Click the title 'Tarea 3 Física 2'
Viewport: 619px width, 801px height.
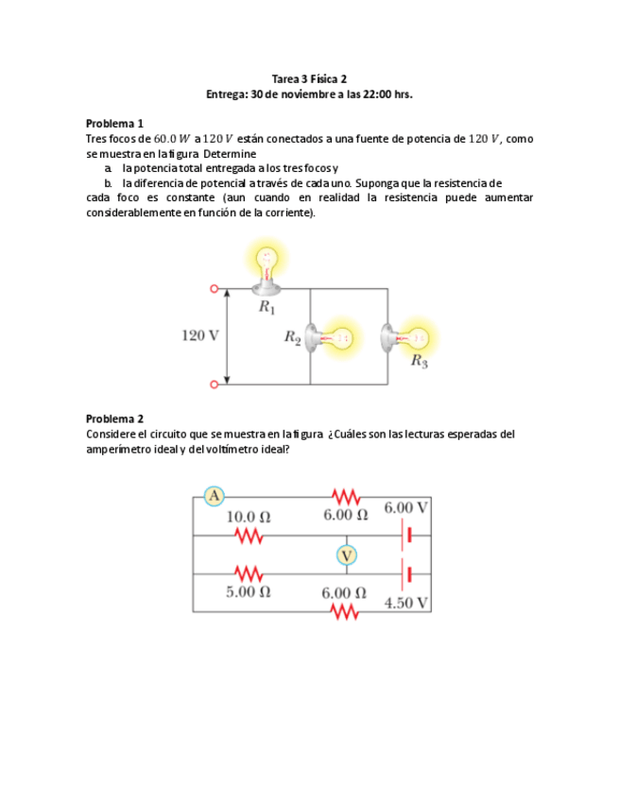[309, 79]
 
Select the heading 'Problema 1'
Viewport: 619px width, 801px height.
[114, 123]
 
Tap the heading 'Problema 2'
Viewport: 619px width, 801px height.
[114, 418]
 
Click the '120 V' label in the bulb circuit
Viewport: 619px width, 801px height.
[199, 335]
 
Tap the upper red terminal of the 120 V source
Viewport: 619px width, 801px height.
[214, 288]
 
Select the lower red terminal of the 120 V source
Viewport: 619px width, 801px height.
[214, 384]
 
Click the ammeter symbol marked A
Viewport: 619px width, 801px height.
[215, 495]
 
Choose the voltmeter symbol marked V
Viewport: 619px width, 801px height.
[347, 554]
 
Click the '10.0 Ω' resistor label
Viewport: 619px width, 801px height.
[248, 518]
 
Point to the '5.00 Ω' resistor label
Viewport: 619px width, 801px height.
[248, 592]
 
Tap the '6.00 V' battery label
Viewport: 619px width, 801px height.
[406, 507]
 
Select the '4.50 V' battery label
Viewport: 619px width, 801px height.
[406, 603]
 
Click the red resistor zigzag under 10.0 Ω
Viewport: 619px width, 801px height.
[248, 536]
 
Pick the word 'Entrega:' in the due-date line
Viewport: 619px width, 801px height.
[227, 94]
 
